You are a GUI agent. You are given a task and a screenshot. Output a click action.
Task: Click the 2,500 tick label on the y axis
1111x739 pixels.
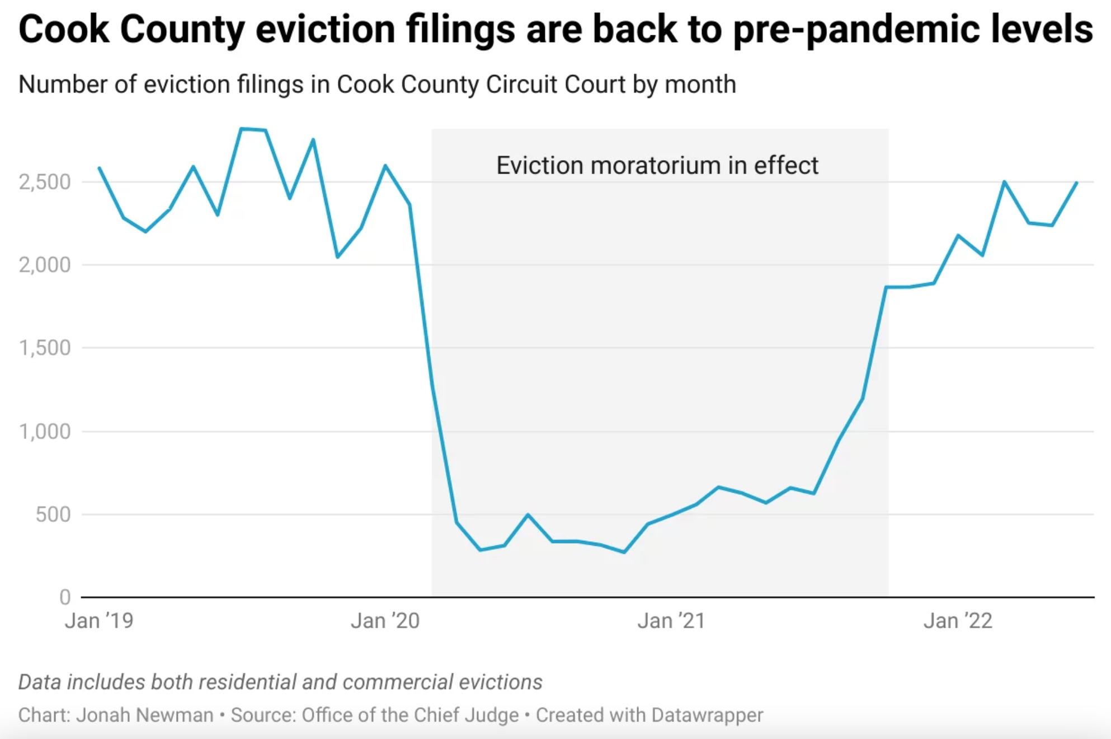(x=45, y=182)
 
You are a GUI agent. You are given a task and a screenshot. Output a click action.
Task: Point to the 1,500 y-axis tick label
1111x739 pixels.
(x=45, y=348)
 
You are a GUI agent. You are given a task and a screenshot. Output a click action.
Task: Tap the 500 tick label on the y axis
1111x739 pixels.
(x=53, y=514)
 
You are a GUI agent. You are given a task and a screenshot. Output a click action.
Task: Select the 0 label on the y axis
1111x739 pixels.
(x=65, y=597)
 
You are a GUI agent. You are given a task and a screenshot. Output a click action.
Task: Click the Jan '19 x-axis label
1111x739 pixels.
(x=99, y=621)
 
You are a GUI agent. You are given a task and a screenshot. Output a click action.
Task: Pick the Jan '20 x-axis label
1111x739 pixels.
(x=385, y=621)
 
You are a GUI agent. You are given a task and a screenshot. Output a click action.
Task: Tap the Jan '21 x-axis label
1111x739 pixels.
(x=671, y=621)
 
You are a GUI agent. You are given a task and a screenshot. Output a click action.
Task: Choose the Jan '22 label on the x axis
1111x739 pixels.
(x=958, y=621)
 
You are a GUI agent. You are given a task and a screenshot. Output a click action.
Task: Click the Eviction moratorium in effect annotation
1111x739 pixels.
(x=657, y=166)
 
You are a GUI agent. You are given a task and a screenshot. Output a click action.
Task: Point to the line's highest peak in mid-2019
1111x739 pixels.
(x=241, y=129)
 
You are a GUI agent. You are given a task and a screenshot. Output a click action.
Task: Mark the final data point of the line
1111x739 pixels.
(x=1077, y=183)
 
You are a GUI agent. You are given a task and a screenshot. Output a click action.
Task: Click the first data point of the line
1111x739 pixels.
(x=99, y=167)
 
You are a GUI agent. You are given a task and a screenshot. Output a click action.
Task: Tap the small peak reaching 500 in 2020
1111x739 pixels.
(x=528, y=515)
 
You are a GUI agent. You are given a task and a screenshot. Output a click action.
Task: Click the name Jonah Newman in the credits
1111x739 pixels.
(x=144, y=715)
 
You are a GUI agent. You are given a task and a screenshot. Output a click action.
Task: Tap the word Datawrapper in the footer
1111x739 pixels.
(x=707, y=715)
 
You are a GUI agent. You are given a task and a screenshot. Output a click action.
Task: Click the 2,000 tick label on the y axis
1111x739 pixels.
(x=45, y=265)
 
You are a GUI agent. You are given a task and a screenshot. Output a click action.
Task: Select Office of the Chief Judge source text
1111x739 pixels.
(x=410, y=715)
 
